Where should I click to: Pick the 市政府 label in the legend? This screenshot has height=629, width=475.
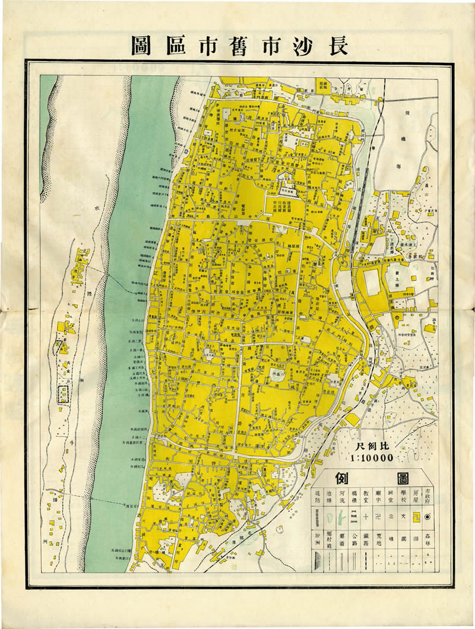[x=427, y=497]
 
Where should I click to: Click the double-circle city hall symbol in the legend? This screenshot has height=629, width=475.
[x=427, y=517]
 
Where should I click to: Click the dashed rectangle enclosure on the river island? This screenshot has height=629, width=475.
[x=64, y=394]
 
